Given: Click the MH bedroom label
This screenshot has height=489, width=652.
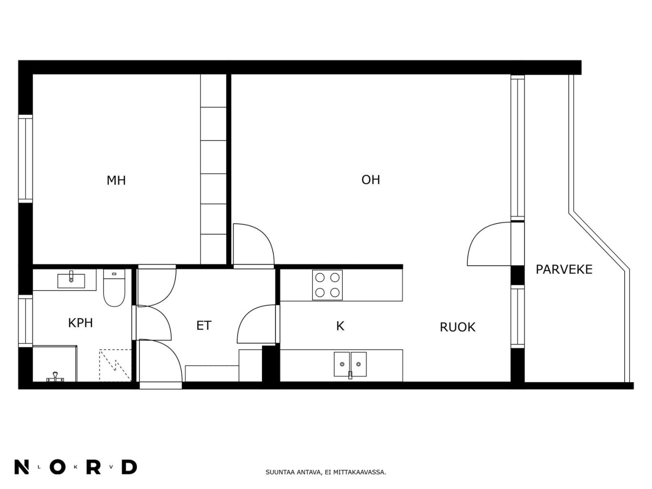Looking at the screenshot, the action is [116, 180].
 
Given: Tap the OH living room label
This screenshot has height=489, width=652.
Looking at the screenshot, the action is [370, 180].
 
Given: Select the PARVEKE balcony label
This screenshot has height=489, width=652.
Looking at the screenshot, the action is [564, 270].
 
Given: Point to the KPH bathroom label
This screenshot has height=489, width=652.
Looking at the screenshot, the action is [80, 323].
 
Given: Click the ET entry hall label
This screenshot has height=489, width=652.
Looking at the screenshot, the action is [204, 326].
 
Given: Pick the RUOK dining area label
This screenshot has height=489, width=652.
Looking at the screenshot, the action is [457, 327].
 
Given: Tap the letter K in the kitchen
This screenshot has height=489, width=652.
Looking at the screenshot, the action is [340, 326].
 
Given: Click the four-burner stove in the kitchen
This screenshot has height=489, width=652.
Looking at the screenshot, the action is [327, 285].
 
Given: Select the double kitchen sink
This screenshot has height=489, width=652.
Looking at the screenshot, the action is [350, 364].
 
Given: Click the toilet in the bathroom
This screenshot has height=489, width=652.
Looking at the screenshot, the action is [114, 288].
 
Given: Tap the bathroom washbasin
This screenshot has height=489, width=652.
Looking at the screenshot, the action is [71, 280].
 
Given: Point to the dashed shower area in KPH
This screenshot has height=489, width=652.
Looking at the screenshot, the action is [115, 365].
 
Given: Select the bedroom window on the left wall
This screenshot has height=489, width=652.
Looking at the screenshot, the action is [26, 159].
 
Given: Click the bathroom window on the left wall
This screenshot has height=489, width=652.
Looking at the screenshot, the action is [26, 321].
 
